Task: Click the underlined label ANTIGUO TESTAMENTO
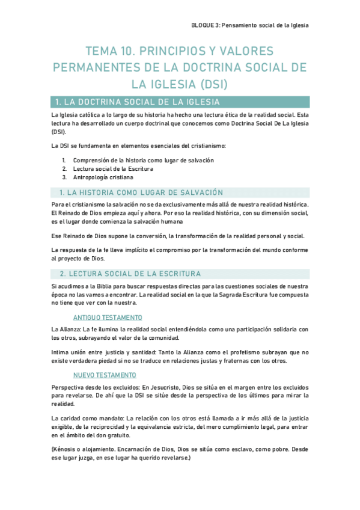(107, 317)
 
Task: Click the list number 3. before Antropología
(64, 177)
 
